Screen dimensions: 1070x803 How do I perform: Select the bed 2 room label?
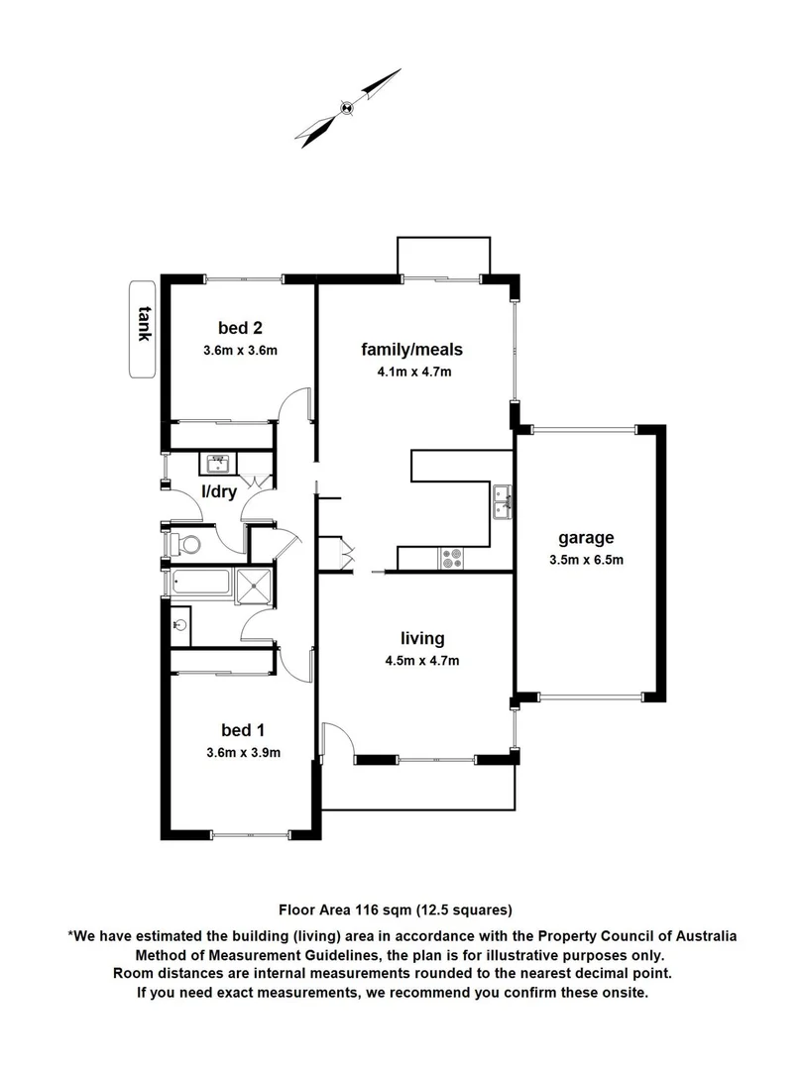pos(239,328)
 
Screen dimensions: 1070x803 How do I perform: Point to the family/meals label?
pos(411,349)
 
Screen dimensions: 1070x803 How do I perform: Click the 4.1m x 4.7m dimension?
pos(411,372)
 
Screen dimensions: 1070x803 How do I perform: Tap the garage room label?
pos(585,538)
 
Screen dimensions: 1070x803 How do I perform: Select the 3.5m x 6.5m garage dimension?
pos(585,560)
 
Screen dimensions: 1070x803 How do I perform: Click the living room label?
pos(422,638)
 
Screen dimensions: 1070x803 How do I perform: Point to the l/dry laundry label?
pos(218,491)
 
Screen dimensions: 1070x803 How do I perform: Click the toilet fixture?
pos(182,543)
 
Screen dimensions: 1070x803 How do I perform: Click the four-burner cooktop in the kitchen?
pos(452,559)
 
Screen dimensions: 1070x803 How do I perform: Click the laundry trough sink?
pos(216,462)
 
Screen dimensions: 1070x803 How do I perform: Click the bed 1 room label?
pos(242,730)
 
